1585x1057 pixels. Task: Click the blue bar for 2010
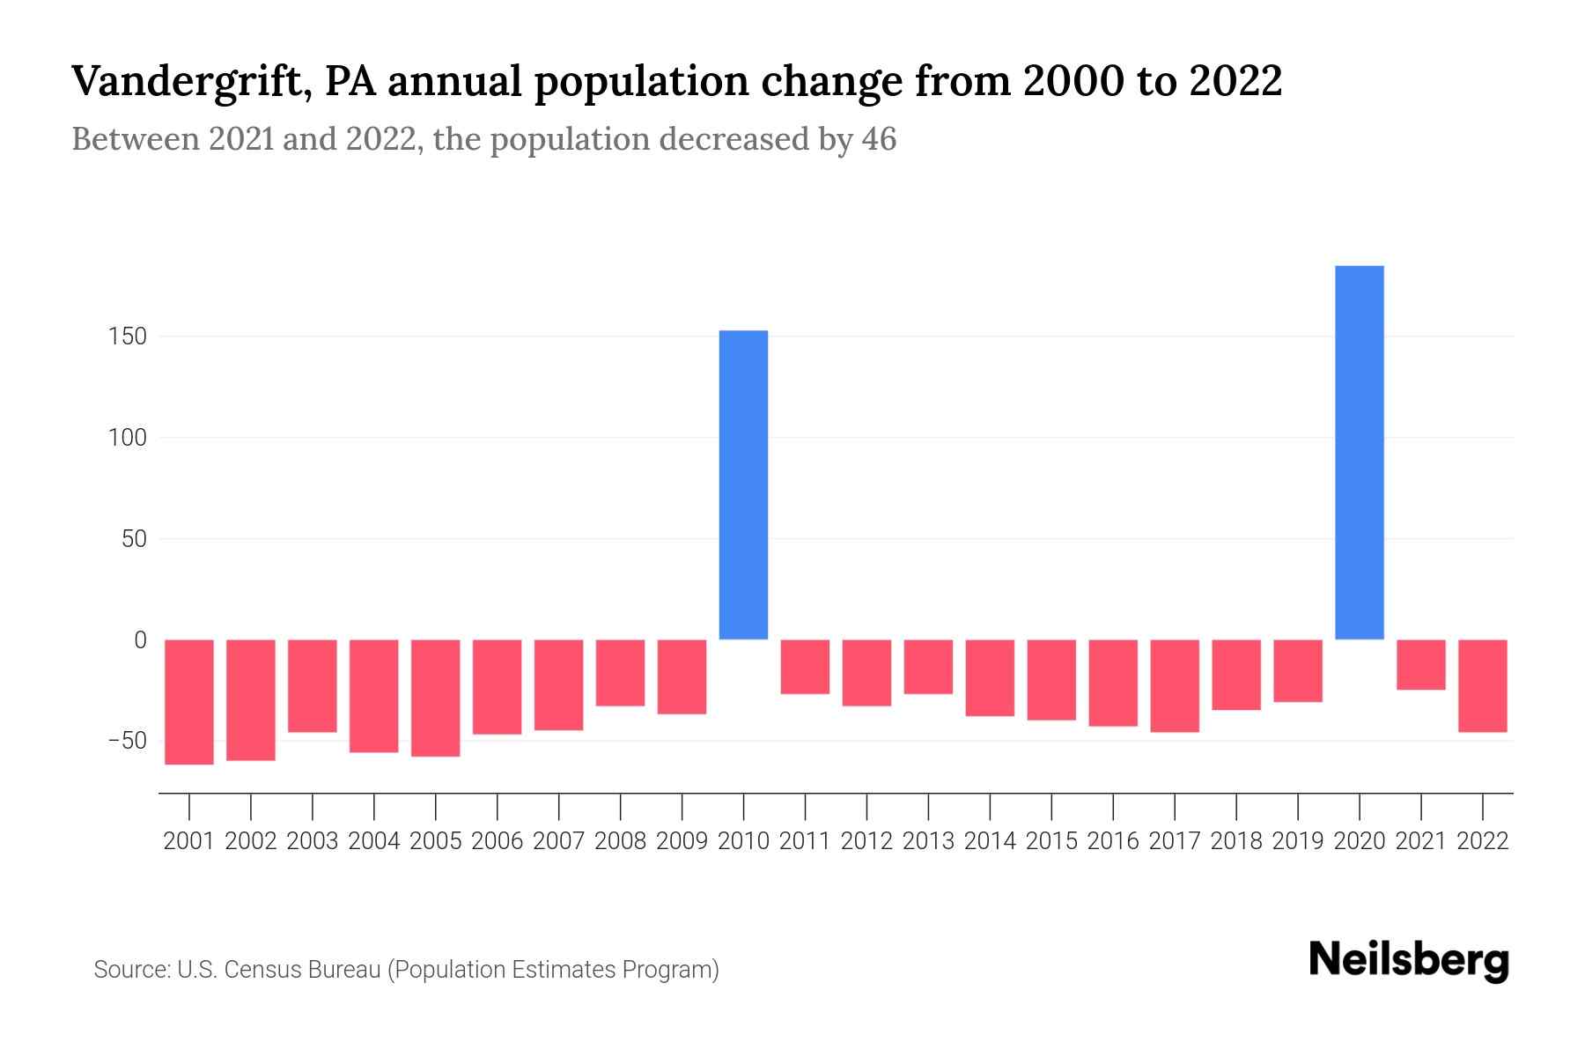point(743,484)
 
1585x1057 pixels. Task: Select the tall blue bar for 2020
point(1359,452)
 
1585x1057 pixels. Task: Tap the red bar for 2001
point(189,701)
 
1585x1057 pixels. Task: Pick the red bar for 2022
point(1482,685)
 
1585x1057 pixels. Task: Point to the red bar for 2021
point(1420,664)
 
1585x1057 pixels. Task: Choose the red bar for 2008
point(620,672)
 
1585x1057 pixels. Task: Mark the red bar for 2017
point(1175,685)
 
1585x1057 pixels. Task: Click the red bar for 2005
point(435,698)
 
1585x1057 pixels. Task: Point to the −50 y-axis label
point(127,741)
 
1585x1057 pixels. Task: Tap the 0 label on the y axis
point(139,640)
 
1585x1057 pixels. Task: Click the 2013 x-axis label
point(928,841)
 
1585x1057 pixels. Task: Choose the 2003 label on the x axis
point(313,841)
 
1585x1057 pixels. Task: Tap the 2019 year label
point(1297,841)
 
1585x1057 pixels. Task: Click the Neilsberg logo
point(1408,960)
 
